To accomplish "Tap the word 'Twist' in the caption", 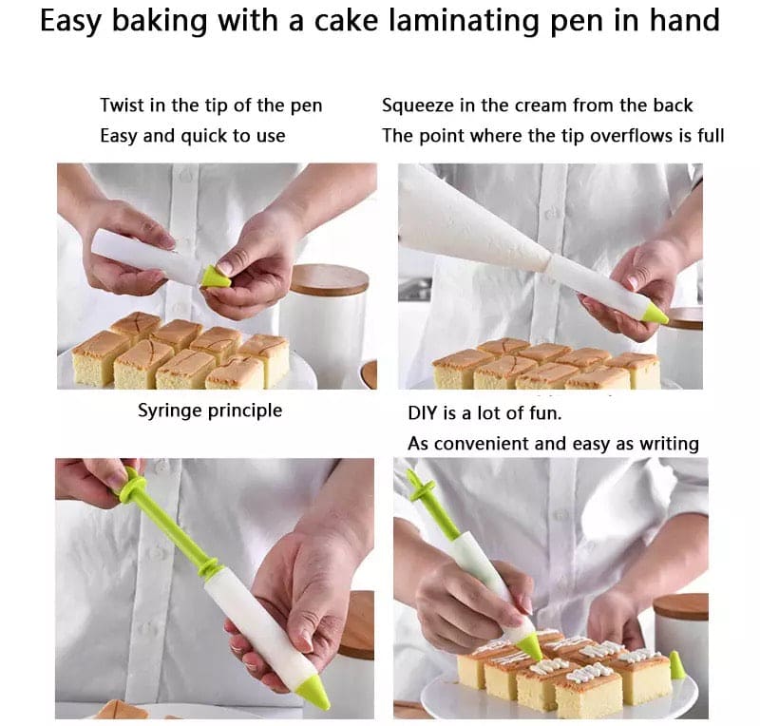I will [x=123, y=105].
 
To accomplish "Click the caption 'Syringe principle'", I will [x=210, y=411].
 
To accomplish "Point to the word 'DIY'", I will [x=424, y=414].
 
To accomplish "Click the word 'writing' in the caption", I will [x=665, y=443].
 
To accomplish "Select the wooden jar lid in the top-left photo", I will [x=329, y=279].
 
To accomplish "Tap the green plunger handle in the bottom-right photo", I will [x=419, y=488].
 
